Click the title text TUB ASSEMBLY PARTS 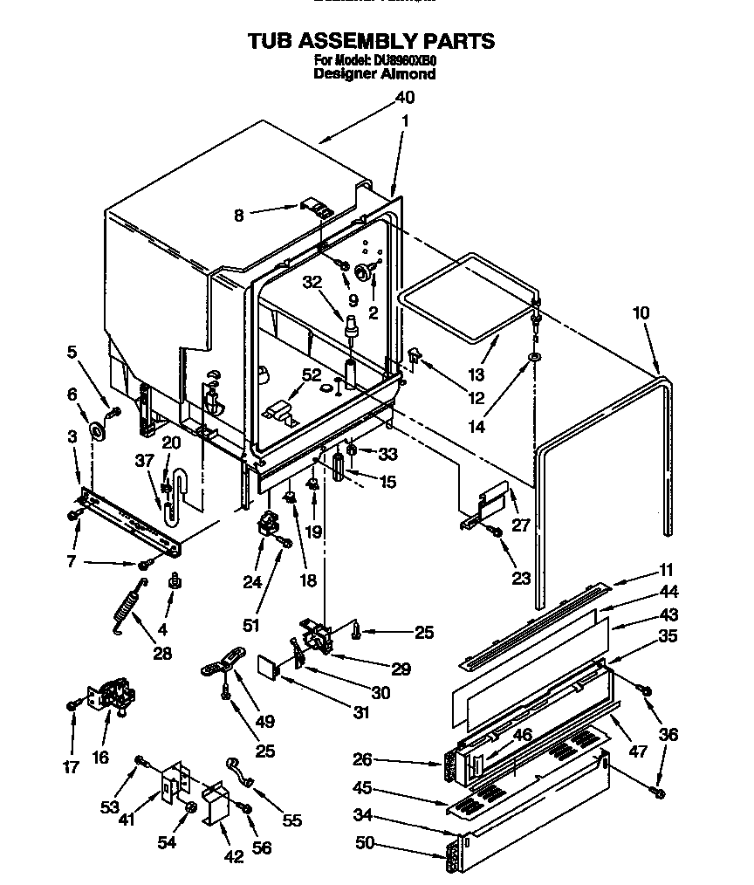coord(371,41)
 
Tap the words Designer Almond coord(374,75)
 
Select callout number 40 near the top coord(404,99)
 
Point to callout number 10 coord(641,312)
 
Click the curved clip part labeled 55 coord(239,772)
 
